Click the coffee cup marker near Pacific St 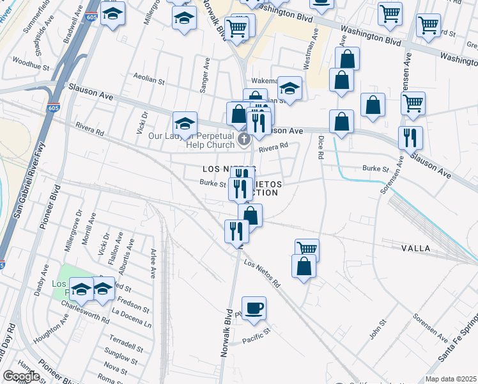[254, 308]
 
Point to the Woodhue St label [30, 65]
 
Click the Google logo [21, 376]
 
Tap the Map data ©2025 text [451, 379]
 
